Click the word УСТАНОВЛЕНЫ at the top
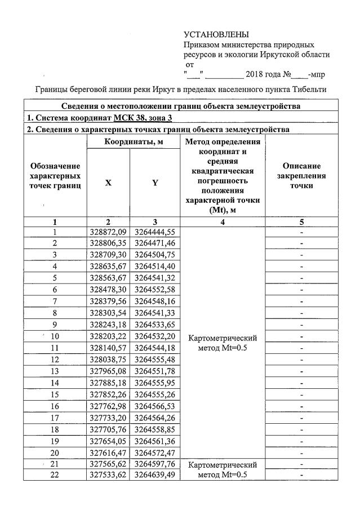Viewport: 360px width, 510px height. (x=216, y=35)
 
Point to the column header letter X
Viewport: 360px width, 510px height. (x=108, y=183)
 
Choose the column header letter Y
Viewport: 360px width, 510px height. (x=155, y=183)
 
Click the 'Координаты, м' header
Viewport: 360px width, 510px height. (x=133, y=142)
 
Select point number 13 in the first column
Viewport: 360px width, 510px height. (x=55, y=371)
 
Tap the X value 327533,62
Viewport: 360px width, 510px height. (x=109, y=476)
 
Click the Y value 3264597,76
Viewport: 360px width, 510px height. (x=155, y=464)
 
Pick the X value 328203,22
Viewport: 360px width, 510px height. (x=109, y=336)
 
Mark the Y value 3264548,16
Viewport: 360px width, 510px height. (x=155, y=301)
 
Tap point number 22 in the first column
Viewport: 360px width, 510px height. (x=55, y=476)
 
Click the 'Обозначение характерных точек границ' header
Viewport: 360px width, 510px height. (x=55, y=175)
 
